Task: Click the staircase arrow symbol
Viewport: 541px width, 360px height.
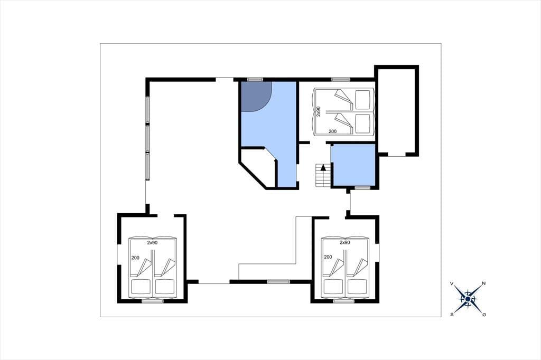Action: [323, 168]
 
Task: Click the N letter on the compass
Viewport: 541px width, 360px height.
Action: [484, 283]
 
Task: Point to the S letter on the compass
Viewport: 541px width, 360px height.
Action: [452, 314]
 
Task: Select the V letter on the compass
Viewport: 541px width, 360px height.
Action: [452, 284]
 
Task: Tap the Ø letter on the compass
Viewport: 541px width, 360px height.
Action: [484, 315]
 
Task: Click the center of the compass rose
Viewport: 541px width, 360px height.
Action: [468, 299]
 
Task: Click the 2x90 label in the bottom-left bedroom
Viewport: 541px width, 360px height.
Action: [152, 242]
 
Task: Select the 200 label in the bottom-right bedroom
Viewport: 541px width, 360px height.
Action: [328, 257]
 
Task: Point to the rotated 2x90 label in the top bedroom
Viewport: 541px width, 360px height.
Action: [319, 111]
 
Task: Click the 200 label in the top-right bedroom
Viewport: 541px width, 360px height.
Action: [332, 131]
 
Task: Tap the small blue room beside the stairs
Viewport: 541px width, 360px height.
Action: [353, 165]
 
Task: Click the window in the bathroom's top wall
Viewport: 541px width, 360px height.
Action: [255, 80]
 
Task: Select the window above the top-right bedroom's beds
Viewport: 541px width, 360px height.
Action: [341, 80]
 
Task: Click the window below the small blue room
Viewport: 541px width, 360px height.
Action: [362, 187]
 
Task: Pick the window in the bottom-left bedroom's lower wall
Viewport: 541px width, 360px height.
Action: [153, 301]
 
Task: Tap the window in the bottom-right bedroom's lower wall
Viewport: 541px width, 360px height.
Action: [343, 301]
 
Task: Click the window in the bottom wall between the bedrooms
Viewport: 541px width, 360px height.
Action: [279, 282]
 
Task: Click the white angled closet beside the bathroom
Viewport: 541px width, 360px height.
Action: [258, 167]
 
